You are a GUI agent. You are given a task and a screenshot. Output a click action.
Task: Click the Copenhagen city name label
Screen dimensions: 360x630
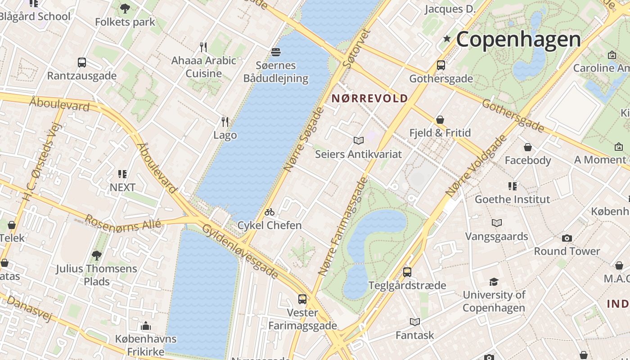point(518,40)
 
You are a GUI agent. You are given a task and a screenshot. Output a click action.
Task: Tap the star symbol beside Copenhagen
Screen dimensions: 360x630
point(447,39)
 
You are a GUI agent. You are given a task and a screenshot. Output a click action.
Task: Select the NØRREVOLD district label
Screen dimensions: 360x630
point(370,98)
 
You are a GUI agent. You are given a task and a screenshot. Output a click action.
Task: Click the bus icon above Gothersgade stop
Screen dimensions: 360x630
point(441,65)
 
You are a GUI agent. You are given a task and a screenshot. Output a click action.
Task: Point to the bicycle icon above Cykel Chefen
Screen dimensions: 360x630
point(270,212)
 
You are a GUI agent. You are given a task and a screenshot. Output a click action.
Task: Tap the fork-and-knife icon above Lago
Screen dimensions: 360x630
point(225,121)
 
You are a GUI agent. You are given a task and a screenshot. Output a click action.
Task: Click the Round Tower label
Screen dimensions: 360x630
point(567,251)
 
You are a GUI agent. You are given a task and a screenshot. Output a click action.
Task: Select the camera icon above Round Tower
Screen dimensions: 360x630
point(567,238)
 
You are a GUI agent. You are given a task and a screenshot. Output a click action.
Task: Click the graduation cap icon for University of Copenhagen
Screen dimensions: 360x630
point(494,282)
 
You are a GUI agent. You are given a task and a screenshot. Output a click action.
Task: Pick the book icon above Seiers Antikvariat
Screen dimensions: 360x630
point(358,141)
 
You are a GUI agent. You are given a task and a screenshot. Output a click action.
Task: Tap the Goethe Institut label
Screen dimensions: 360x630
point(512,199)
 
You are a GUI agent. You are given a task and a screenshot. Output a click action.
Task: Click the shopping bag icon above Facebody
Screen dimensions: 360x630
point(528,147)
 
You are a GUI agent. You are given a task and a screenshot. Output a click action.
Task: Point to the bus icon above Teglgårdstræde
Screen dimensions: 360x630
point(407,272)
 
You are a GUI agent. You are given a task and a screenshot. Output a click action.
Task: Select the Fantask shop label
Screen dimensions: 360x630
point(414,335)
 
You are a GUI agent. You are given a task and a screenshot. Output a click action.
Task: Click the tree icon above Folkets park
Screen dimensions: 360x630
point(125,8)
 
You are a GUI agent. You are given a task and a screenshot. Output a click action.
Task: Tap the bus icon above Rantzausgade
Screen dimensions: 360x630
point(81,63)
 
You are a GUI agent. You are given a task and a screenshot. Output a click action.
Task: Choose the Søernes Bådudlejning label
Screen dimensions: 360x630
point(275,72)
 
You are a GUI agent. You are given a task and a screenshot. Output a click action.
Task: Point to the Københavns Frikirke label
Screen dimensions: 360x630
point(145,345)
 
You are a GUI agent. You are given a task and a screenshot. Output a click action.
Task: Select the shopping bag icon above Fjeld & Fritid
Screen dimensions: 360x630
point(440,120)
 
